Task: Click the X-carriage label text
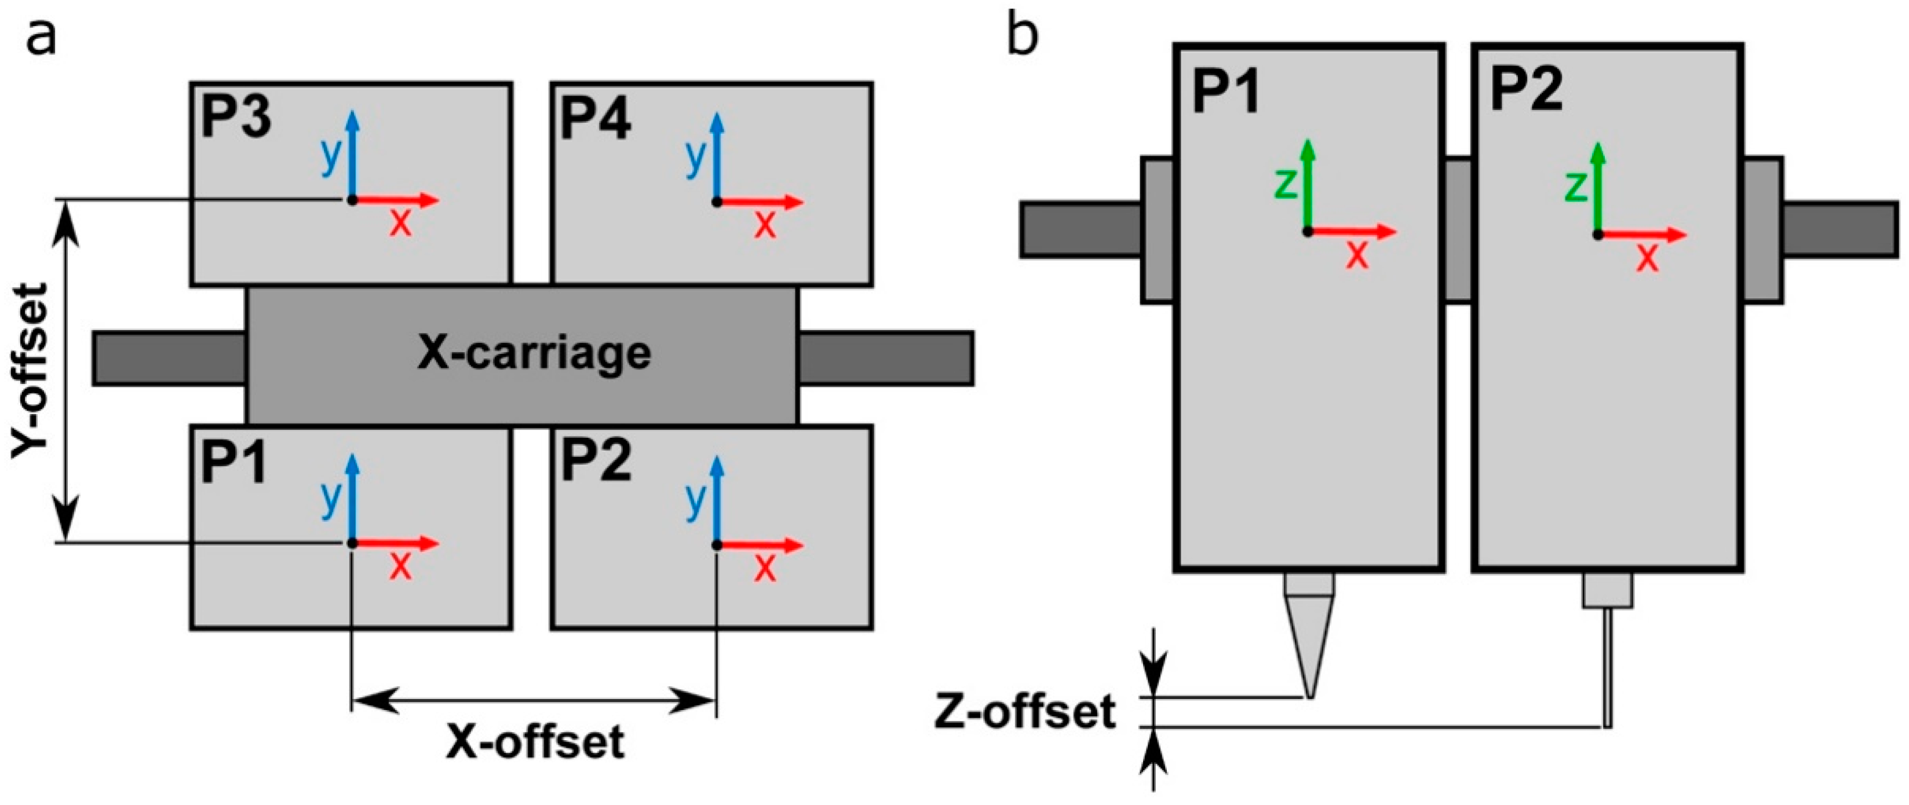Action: [534, 354]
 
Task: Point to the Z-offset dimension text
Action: [1025, 713]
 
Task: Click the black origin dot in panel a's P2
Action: [716, 545]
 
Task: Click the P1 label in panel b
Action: [1227, 93]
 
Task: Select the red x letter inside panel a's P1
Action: [400, 566]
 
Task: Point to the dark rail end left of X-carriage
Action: [169, 358]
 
